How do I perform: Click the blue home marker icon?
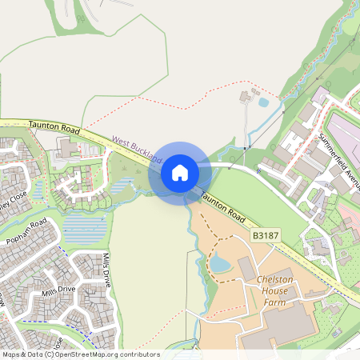(x=180, y=172)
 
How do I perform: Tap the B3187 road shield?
(x=266, y=236)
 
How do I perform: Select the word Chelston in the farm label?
(x=277, y=280)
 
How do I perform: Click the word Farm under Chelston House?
(x=277, y=304)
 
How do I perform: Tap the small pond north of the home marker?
(x=263, y=102)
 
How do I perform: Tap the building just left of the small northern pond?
(x=245, y=97)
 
